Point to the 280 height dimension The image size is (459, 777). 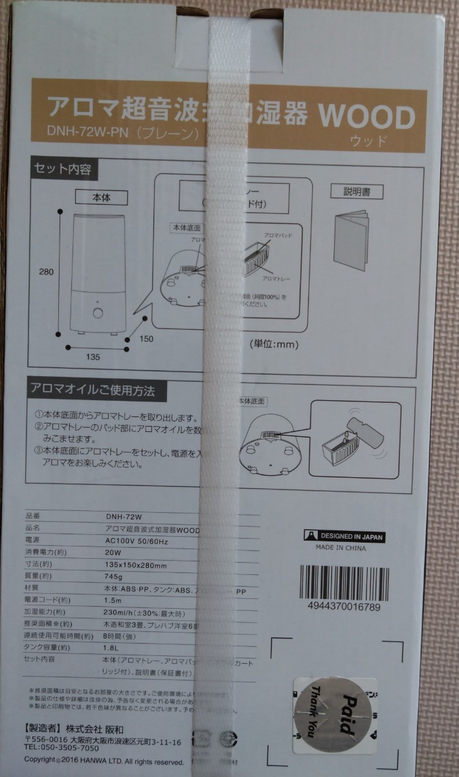pos(46,273)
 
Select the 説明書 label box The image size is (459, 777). pos(356,192)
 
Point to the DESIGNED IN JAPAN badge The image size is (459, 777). pos(344,536)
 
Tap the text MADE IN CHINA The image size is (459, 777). pos(341,548)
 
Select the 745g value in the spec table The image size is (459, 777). pos(113,576)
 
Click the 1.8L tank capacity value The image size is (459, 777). pos(112,647)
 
